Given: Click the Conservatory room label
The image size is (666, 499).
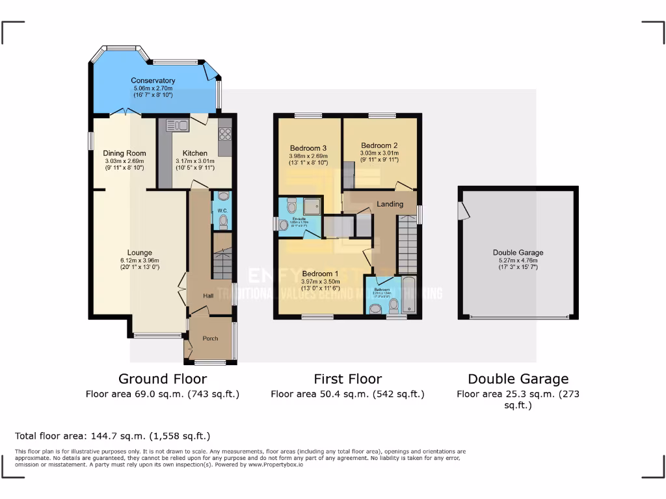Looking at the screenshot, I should click(x=153, y=81).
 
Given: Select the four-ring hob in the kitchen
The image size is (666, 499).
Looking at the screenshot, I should click(x=226, y=134).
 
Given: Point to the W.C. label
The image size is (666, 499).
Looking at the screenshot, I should click(x=222, y=210).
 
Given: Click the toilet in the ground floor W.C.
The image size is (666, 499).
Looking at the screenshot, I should click(x=224, y=223).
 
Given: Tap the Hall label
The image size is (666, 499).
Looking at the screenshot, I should click(x=208, y=296).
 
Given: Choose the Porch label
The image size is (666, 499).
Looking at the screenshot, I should click(x=210, y=339).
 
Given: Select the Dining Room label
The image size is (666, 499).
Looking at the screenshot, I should click(x=124, y=153).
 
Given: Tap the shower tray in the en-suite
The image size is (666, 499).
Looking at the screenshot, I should click(x=310, y=205).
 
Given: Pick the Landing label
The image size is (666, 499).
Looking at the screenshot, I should click(x=390, y=204).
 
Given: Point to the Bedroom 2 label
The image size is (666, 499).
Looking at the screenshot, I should click(x=379, y=146).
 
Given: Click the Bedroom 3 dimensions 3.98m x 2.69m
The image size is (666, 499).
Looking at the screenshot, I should click(x=308, y=156).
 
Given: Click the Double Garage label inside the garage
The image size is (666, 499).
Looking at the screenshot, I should click(x=518, y=253).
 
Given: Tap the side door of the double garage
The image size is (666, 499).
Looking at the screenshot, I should click(x=462, y=210).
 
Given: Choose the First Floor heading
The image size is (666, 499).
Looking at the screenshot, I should click(x=347, y=379).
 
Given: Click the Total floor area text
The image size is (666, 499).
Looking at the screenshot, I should click(x=113, y=436).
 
